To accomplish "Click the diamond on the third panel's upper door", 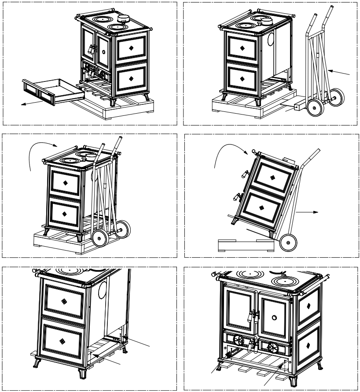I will pyautogui.click(x=65, y=182).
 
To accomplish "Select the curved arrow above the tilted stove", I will pyautogui.click(x=229, y=154).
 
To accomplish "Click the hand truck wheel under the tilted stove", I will pyautogui.click(x=288, y=243).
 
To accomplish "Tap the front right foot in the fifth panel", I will pyautogui.click(x=82, y=374).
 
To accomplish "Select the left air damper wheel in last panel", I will pyautogui.click(x=239, y=340).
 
